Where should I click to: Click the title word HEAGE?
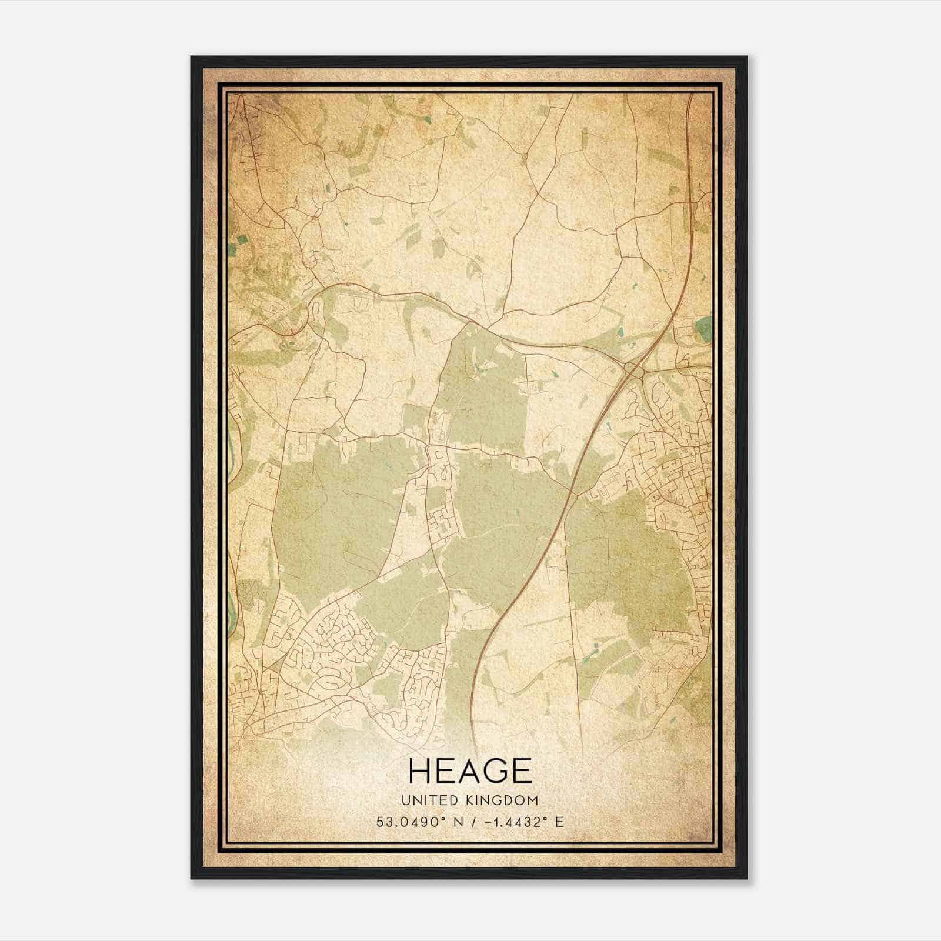pos(469,771)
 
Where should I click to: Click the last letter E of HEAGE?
pos(521,771)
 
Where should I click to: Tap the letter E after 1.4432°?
pos(559,822)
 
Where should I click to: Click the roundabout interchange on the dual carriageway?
pos(634,369)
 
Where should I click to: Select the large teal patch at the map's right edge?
pos(703,330)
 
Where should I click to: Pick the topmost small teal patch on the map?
pos(428,119)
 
